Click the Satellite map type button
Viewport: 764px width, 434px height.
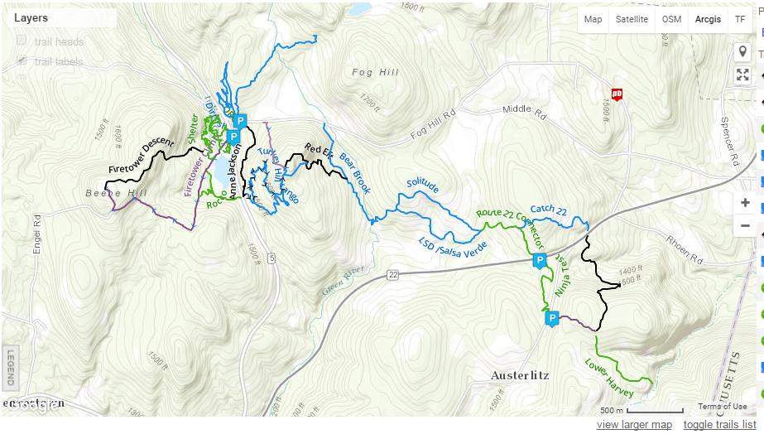tap(632, 19)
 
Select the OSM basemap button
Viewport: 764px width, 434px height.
tap(671, 19)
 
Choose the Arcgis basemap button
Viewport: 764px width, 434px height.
tap(708, 19)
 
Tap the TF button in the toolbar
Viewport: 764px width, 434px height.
tap(740, 19)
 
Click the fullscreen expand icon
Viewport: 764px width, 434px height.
tap(742, 75)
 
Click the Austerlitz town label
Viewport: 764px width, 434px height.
tap(520, 375)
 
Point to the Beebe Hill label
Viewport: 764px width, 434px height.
tap(115, 193)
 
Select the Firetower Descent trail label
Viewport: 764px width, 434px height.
tap(141, 156)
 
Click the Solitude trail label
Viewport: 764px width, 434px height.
tap(421, 187)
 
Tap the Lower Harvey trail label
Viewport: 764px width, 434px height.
tap(608, 378)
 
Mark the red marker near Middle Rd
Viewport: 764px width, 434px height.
tap(617, 94)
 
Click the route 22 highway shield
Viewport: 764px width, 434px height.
tap(392, 274)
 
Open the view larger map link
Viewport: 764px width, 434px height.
tap(634, 425)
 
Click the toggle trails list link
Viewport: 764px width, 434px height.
tap(719, 425)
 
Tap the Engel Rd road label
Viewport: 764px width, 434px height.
tap(37, 235)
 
